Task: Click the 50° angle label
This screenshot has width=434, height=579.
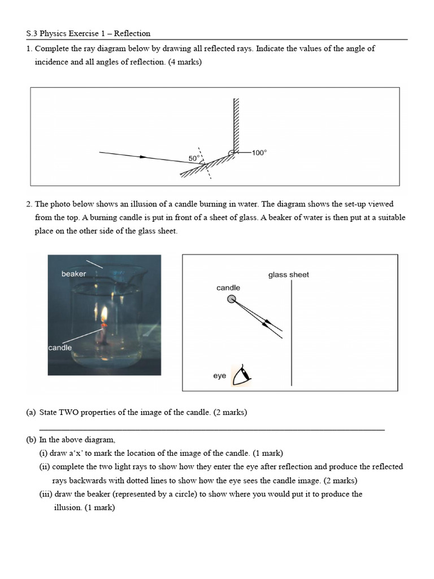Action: tap(193, 159)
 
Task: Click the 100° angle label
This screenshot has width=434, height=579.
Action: tap(259, 153)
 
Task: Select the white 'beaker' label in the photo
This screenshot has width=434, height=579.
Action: tap(73, 274)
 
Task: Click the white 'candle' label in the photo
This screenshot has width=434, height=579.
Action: tap(60, 348)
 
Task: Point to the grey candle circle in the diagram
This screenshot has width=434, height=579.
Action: tap(232, 299)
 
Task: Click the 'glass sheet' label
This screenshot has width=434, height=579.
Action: tap(288, 275)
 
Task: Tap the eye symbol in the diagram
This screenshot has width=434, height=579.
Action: tap(243, 375)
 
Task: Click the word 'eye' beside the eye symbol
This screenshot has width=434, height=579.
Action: tap(219, 375)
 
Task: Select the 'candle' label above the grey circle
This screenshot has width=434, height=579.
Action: tap(228, 288)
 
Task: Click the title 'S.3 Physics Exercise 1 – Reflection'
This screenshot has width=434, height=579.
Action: tap(88, 33)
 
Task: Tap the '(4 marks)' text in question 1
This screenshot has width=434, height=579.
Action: tap(185, 62)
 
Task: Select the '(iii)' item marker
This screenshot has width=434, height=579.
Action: tap(46, 494)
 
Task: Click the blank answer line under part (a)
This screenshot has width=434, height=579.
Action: tap(212, 430)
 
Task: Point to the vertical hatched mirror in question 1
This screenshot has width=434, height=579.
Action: tap(236, 124)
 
